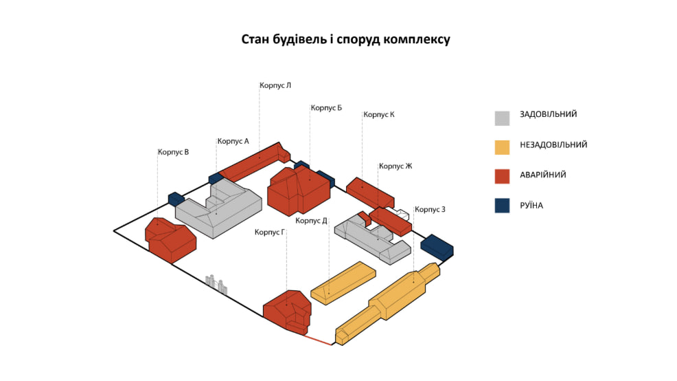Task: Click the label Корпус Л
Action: point(275,86)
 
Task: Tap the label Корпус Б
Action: point(326,108)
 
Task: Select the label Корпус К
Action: point(378,115)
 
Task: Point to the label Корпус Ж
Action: point(395,166)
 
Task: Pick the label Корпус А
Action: point(233,141)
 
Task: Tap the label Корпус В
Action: point(173,152)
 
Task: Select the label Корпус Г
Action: point(269,232)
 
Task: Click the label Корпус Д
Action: point(311,221)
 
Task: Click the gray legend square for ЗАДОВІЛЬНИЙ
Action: point(502,118)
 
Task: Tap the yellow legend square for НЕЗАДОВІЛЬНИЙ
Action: point(502,147)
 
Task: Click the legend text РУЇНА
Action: point(531,205)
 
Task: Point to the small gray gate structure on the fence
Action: point(216,283)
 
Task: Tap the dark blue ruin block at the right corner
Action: point(437,246)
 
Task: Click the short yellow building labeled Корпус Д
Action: point(343,282)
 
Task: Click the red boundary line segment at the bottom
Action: point(319,340)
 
